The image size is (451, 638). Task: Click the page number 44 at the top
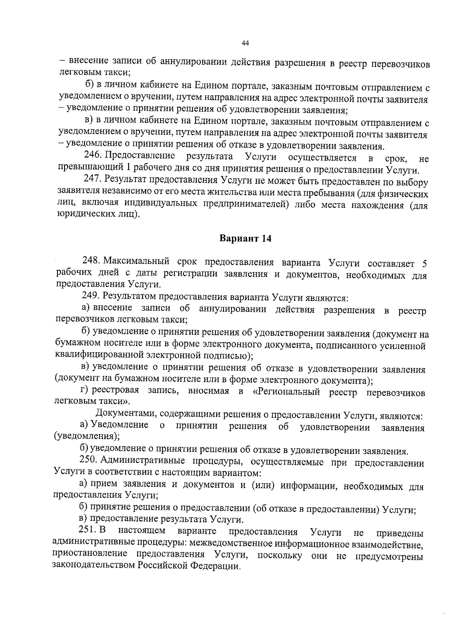pyautogui.click(x=245, y=44)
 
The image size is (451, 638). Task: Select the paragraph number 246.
pyautogui.click(x=92, y=156)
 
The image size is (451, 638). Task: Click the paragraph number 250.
pyautogui.click(x=88, y=460)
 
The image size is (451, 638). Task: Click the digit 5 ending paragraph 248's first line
pyautogui.click(x=425, y=262)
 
